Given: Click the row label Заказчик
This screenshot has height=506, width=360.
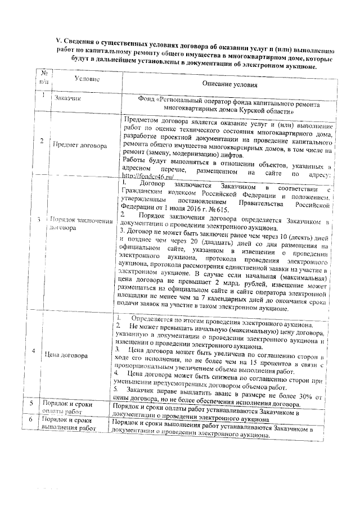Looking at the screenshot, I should tap(67, 99).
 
